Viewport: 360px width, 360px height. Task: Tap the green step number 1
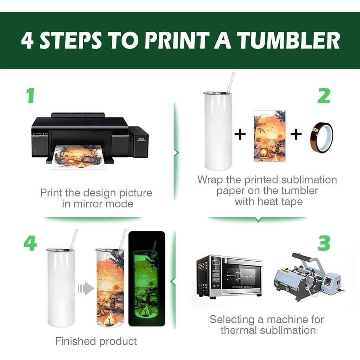30,96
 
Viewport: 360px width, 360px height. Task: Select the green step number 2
324,96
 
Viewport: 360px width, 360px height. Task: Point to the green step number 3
324,243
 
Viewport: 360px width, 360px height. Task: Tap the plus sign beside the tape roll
296,134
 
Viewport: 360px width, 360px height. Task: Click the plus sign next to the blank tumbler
240,134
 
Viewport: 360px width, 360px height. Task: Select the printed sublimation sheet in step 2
270,136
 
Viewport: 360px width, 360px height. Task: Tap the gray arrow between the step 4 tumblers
86,288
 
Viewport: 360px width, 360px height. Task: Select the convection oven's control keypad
216,274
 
